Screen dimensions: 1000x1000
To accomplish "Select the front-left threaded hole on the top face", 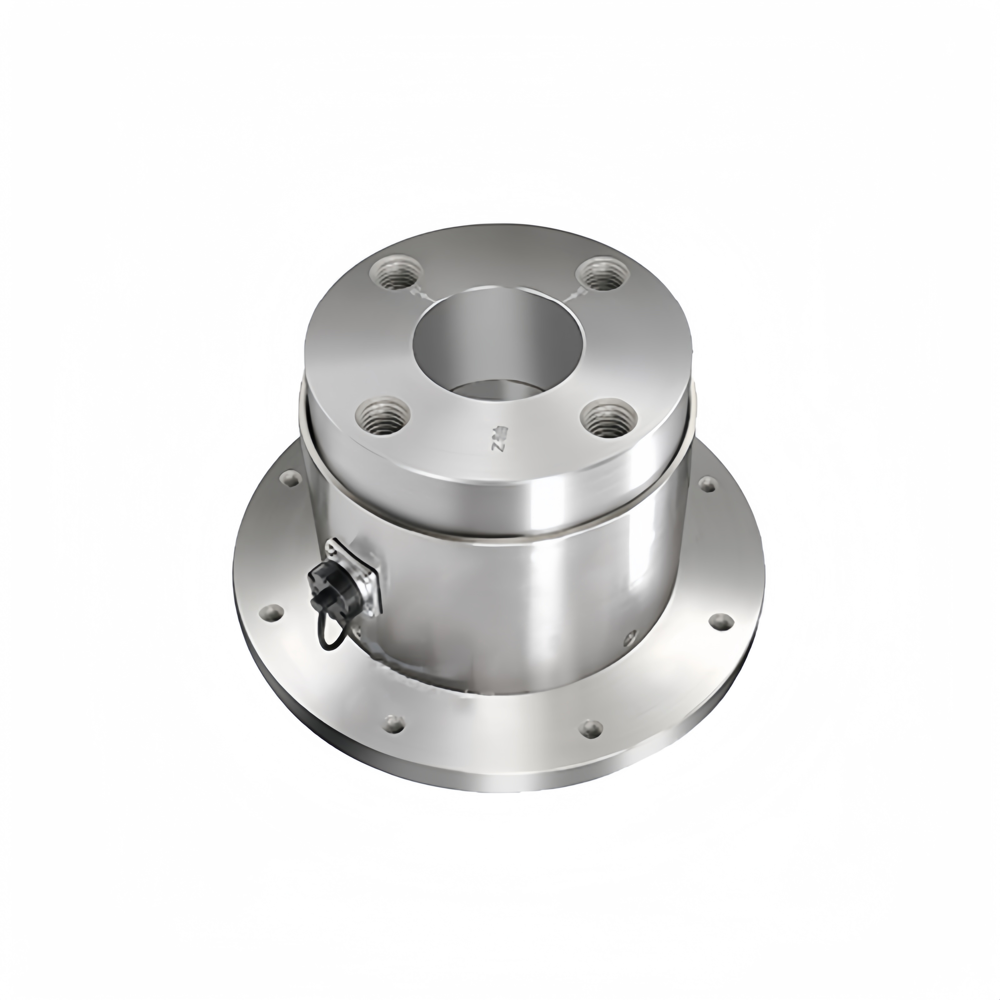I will [x=383, y=416].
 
